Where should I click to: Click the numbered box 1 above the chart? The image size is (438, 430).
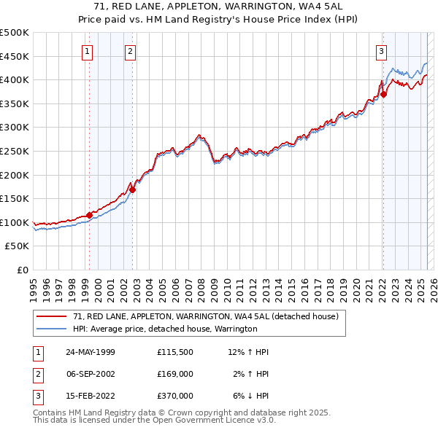[87, 51]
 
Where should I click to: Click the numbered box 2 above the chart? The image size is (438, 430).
[129, 51]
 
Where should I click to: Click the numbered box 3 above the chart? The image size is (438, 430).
[381, 51]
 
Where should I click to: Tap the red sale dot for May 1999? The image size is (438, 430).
[89, 215]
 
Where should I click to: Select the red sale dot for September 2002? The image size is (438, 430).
[132, 189]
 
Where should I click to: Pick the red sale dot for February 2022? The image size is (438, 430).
[383, 94]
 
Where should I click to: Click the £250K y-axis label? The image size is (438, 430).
[15, 151]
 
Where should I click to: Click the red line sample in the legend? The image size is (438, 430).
[52, 317]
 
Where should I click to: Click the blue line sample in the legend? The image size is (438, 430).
[52, 329]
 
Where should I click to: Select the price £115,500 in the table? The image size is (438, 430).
[174, 352]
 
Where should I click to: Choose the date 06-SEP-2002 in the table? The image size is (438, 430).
[91, 374]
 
